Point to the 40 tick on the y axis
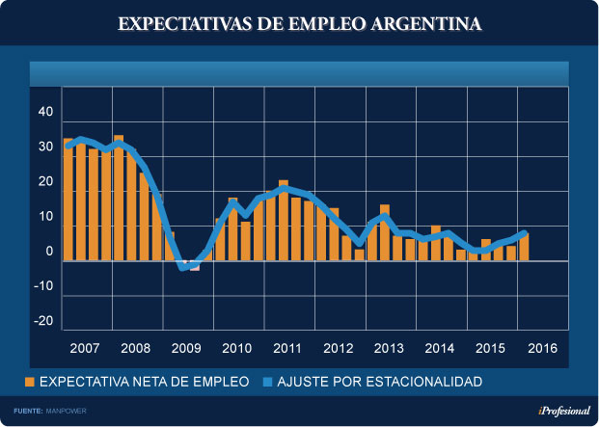45,113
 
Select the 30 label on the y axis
45,147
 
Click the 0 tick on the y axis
49,253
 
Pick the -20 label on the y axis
43,322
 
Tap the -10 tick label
43,287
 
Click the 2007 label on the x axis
85,348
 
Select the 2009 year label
186,348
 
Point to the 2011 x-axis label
287,348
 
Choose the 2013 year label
389,348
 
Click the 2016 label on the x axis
543,348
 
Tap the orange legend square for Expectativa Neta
30,383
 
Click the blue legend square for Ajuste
267,383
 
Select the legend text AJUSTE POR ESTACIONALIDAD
379,383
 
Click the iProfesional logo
563,411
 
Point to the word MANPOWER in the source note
69,412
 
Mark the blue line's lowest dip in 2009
182,266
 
